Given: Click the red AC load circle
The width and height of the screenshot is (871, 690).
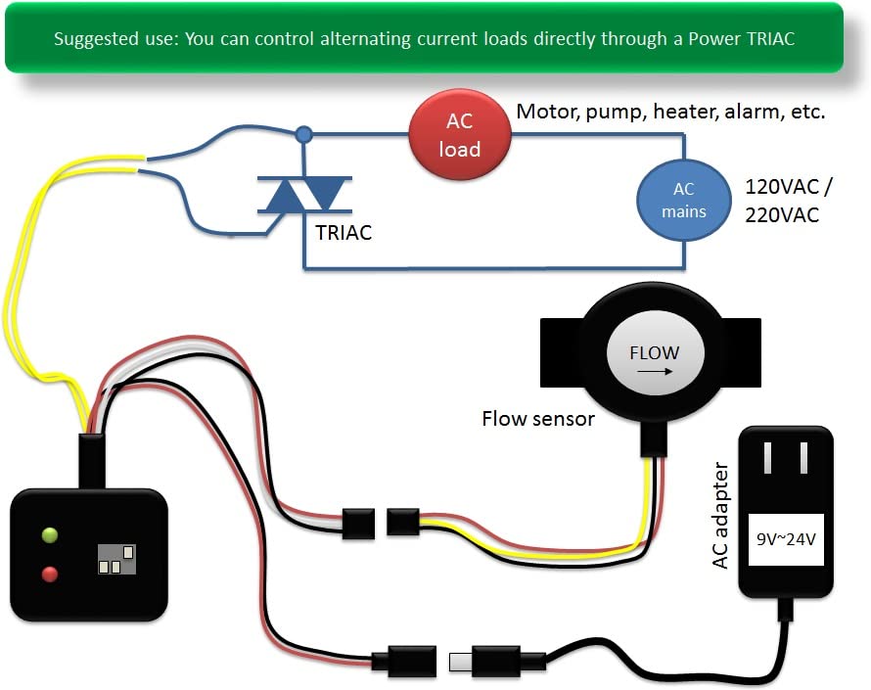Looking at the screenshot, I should point(459,136).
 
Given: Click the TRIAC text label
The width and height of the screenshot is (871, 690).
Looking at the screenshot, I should point(344,234).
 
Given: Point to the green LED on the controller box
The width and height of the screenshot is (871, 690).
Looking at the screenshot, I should point(50,534).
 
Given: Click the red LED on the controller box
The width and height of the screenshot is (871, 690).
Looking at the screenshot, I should point(50,574).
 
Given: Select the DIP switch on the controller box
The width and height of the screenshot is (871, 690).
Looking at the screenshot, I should point(115,559).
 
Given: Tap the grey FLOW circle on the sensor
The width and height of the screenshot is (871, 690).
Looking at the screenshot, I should point(654,354).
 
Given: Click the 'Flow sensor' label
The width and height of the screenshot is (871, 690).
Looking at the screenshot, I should point(537,419).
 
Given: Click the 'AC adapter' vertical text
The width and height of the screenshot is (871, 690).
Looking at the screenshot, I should point(721,516).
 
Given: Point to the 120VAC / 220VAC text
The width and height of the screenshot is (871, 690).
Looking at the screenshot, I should point(783,200).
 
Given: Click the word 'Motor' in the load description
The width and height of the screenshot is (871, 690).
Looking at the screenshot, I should point(545,112).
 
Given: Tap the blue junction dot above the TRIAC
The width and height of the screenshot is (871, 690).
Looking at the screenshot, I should point(304,133).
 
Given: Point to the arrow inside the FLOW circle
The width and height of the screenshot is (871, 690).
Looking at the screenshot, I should point(654,371).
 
